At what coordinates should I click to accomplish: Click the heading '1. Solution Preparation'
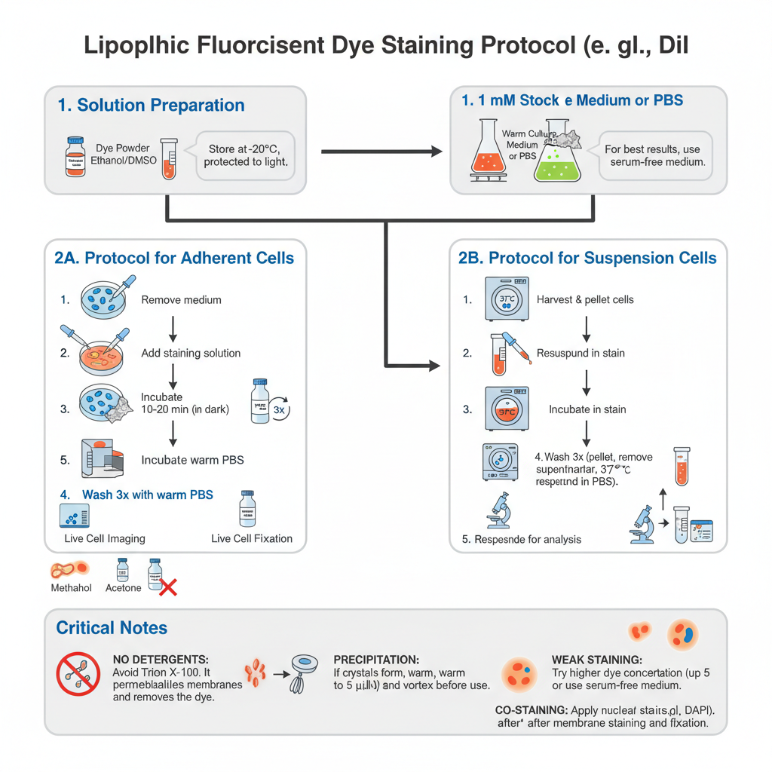point(151,106)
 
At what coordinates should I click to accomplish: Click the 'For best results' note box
point(655,155)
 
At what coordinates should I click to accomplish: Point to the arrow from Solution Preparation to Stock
point(381,152)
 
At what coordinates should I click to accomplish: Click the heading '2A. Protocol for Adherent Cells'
point(175,258)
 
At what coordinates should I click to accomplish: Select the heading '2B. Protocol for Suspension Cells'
point(587,258)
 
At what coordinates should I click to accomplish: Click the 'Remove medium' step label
point(181,300)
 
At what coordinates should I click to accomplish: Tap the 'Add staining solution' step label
point(191,353)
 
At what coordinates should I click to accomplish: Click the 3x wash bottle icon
point(261,403)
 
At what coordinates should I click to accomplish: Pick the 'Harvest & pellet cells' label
point(585,300)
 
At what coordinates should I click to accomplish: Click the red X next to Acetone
point(168,587)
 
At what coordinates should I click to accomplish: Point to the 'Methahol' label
point(71,588)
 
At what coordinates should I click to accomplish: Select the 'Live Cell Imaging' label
point(105,538)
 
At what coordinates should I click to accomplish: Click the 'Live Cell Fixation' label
point(252,538)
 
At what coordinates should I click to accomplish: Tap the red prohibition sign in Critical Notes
point(78,673)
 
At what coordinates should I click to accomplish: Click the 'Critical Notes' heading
point(112,628)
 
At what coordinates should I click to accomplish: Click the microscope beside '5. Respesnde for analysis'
point(499,509)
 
